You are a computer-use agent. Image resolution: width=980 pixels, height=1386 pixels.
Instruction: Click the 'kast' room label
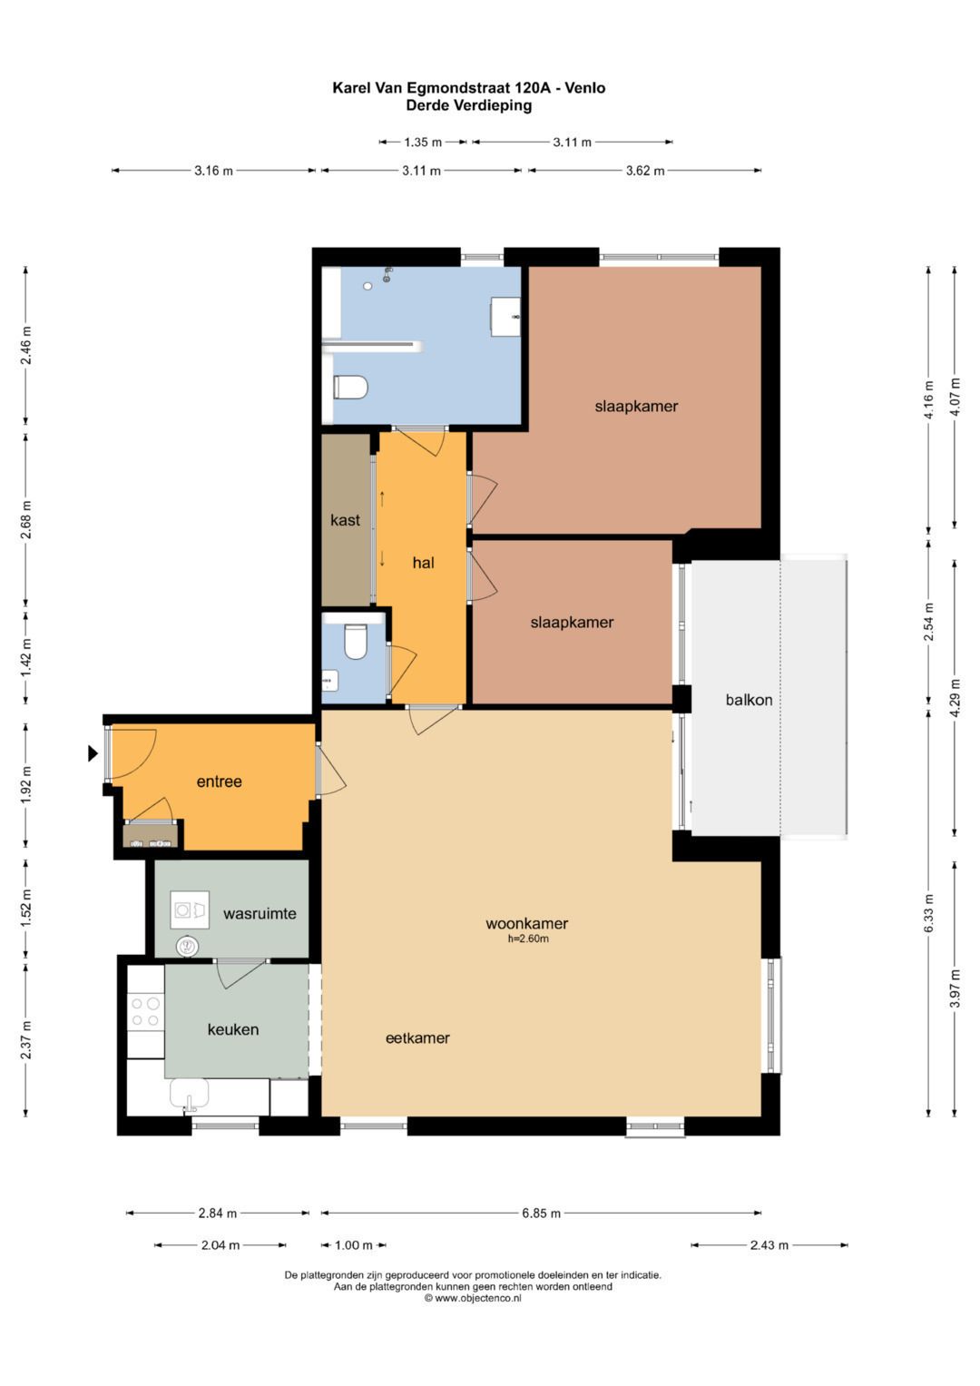pyautogui.click(x=345, y=520)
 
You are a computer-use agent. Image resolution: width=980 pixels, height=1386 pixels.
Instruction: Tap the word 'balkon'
pyautogui.click(x=749, y=700)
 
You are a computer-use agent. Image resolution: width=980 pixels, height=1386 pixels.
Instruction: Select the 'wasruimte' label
pyautogui.click(x=260, y=913)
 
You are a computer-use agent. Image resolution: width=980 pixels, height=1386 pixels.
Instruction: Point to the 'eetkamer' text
pyautogui.click(x=417, y=1037)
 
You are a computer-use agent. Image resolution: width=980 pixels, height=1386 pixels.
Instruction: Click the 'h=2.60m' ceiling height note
pyautogui.click(x=528, y=939)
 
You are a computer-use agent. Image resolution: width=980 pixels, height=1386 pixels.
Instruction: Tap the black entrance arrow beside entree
pyautogui.click(x=93, y=753)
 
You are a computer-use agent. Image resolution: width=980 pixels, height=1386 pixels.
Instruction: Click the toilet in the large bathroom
pyautogui.click(x=351, y=388)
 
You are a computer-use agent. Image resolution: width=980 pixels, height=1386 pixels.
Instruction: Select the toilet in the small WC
pyautogui.click(x=355, y=641)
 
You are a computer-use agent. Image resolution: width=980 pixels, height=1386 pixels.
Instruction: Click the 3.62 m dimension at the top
pyautogui.click(x=644, y=171)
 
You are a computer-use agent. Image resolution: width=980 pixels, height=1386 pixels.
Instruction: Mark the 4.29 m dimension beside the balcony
pyautogui.click(x=955, y=698)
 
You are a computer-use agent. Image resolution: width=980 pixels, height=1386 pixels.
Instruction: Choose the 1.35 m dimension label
pyautogui.click(x=423, y=143)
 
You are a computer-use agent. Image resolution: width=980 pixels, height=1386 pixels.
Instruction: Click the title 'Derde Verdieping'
pyautogui.click(x=469, y=105)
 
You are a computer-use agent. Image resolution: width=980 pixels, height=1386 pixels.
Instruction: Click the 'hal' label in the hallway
pyautogui.click(x=423, y=563)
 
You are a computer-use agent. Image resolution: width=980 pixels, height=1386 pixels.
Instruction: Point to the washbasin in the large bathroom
pyautogui.click(x=505, y=317)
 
